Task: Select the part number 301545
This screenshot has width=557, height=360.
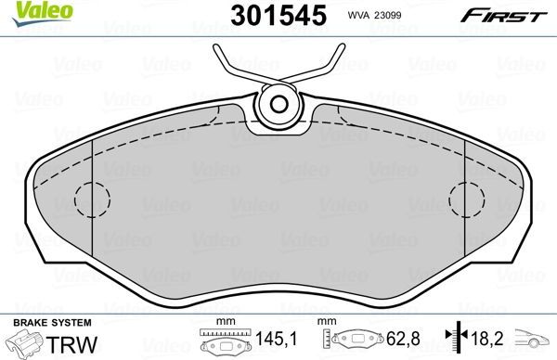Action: coord(268,14)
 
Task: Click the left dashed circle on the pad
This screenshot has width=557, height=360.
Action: coord(91,199)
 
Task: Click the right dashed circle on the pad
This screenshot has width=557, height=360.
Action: coord(466,199)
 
